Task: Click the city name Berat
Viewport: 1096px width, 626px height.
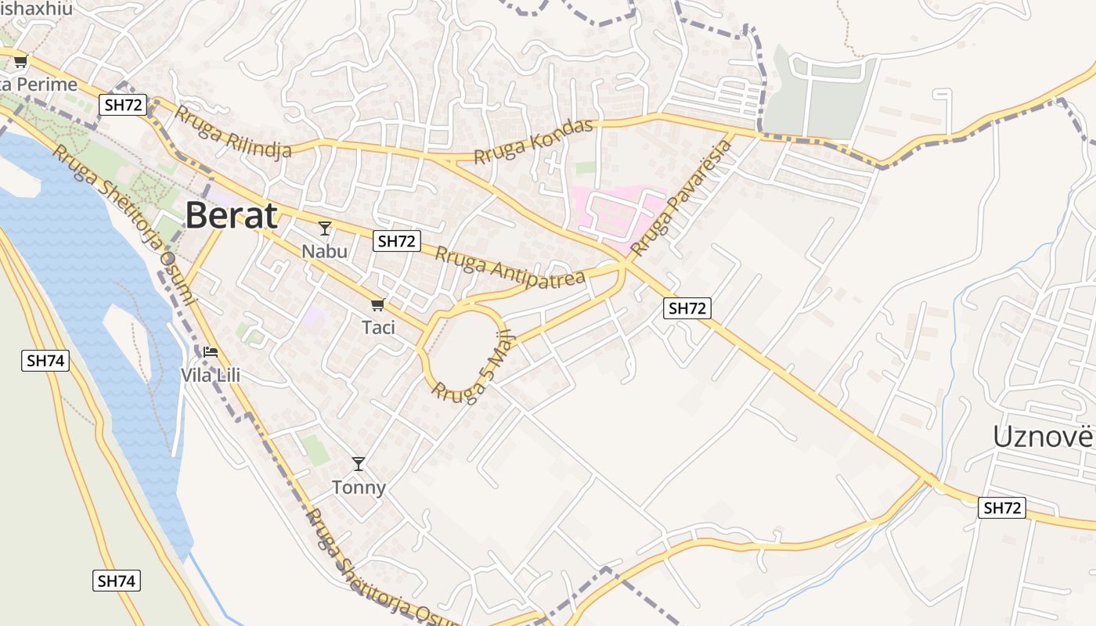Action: pos(231,215)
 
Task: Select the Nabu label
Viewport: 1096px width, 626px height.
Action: pos(325,251)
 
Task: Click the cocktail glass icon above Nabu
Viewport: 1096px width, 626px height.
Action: pos(325,228)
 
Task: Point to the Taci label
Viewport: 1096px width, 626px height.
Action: pos(378,327)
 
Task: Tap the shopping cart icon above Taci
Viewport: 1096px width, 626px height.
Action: pos(378,304)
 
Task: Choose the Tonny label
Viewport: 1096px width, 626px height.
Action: pos(359,487)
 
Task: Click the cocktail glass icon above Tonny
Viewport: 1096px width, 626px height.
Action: pos(359,464)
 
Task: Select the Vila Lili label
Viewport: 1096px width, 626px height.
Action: pos(211,375)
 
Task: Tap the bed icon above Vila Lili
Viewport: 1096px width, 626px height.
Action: pos(211,352)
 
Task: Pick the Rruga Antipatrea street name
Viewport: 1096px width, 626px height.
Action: pos(510,268)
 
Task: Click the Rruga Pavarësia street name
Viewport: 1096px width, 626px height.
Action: pos(674,200)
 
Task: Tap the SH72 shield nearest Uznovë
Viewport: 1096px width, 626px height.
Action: pos(1001,508)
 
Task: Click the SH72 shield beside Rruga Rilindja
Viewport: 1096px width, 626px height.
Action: pos(124,105)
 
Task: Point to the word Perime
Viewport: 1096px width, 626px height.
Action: pos(47,84)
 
